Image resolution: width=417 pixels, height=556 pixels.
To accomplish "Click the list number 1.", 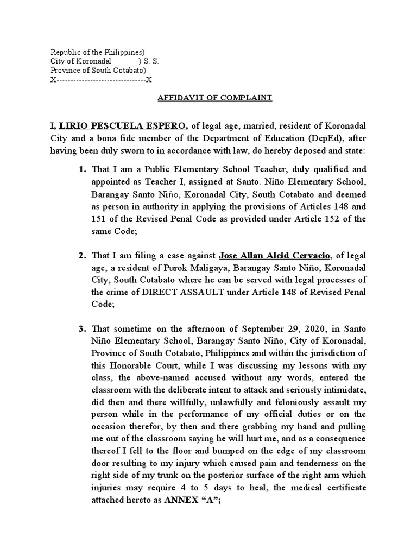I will coord(83,170).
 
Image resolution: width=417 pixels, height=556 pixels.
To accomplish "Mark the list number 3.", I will coord(83,328).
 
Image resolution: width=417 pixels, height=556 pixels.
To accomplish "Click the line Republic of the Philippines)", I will coord(98,52).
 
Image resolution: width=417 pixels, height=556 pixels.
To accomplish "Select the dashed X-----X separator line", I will coord(101,80).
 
